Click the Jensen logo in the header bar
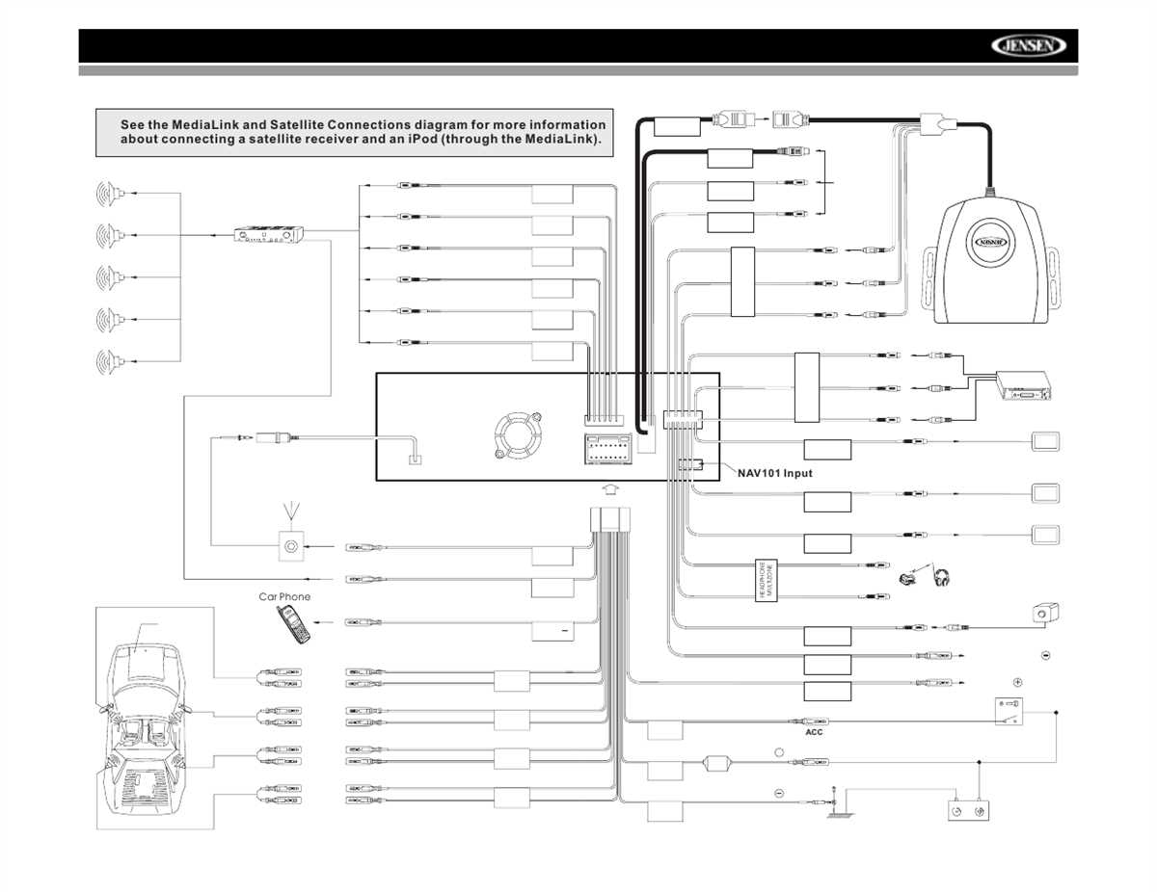[x=1029, y=46]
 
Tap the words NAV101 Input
[x=775, y=473]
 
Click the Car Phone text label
[x=284, y=597]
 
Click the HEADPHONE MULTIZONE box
[x=765, y=582]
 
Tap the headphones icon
[x=942, y=578]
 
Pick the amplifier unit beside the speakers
[x=270, y=234]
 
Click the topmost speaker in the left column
[x=108, y=194]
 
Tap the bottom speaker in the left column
[x=108, y=361]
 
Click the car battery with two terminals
[x=967, y=812]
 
